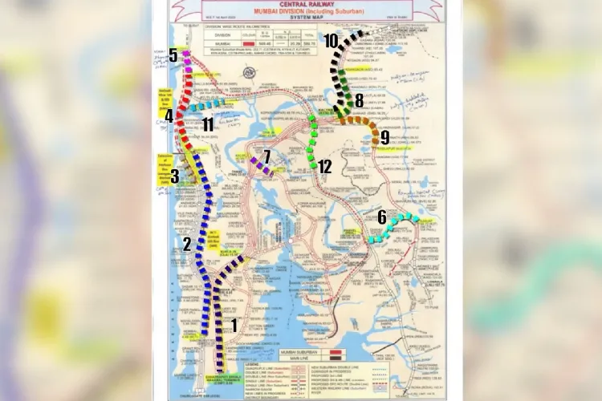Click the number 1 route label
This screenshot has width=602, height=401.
(234, 325)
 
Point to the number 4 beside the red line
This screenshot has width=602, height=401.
(169, 116)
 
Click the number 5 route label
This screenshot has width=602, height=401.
(173, 55)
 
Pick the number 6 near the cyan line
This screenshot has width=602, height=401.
(381, 217)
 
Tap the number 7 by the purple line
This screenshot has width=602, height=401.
(267, 155)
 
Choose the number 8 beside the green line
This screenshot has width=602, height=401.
(359, 100)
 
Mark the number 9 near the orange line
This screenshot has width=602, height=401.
(384, 137)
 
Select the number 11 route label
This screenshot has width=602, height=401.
(208, 124)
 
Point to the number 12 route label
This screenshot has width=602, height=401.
(324, 168)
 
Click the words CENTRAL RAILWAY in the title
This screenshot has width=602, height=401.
(307, 6)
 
